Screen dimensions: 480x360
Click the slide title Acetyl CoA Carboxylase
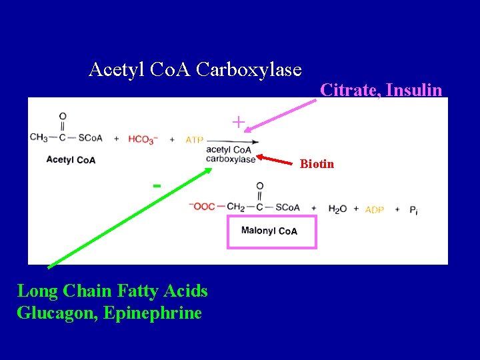point(195,69)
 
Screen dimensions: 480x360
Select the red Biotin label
point(317,164)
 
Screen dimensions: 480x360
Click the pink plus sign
point(238,122)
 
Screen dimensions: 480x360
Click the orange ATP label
point(195,139)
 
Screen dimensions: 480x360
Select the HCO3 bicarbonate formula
point(141,139)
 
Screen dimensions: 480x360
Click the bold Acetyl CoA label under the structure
point(71,160)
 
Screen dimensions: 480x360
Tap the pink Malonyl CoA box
point(271,231)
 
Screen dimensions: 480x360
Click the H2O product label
point(337,209)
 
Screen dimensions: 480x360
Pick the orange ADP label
point(375,209)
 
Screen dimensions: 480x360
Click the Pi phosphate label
point(414,209)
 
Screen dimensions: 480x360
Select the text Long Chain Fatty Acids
point(112,291)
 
